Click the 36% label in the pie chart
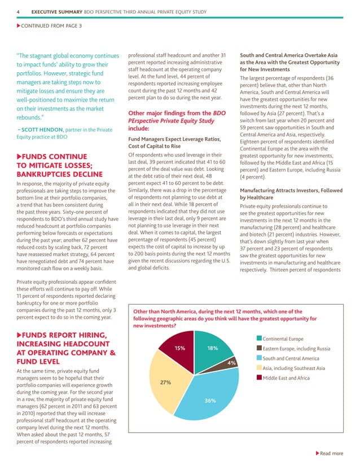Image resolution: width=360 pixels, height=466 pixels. (210, 401)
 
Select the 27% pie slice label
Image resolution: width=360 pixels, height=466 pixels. (166, 382)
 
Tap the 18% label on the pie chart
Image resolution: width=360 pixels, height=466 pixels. (213, 348)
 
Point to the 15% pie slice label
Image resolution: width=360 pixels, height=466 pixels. (180, 348)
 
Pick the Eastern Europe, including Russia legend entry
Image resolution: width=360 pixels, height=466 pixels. (296, 348)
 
